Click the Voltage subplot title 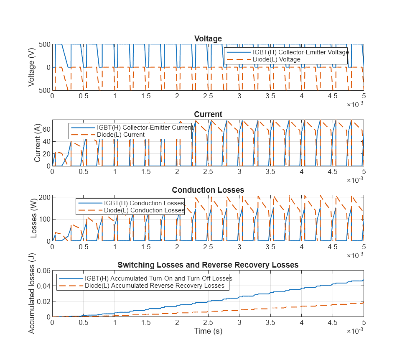click(x=208, y=39)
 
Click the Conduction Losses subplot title click(x=208, y=190)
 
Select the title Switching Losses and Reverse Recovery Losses click(x=208, y=265)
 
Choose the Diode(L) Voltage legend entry click(x=276, y=59)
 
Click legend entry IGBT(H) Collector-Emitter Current click(x=145, y=127)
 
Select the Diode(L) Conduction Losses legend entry click(x=144, y=210)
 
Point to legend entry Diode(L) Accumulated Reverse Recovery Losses click(x=155, y=286)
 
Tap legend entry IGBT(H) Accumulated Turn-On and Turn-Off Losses click(x=158, y=278)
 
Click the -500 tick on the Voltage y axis click(x=43, y=90)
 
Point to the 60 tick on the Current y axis click(x=45, y=129)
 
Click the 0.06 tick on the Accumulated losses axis click(x=42, y=271)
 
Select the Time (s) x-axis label click(x=208, y=331)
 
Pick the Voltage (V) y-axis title click(x=32, y=67)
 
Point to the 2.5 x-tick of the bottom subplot click(x=208, y=322)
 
